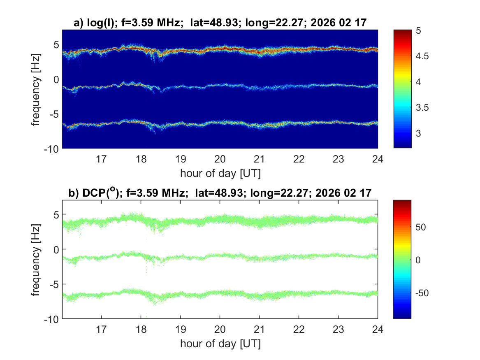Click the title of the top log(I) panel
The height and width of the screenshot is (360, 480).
click(220, 23)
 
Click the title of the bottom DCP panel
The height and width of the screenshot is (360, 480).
click(220, 193)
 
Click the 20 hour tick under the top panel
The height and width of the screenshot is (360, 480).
click(220, 159)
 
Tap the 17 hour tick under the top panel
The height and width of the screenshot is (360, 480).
click(102, 159)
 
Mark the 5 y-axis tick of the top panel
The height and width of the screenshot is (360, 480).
click(56, 44)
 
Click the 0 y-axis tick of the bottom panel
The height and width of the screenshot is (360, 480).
click(56, 249)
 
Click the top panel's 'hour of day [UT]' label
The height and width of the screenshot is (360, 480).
click(220, 173)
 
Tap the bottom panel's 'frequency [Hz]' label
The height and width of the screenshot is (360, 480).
click(37, 259)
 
